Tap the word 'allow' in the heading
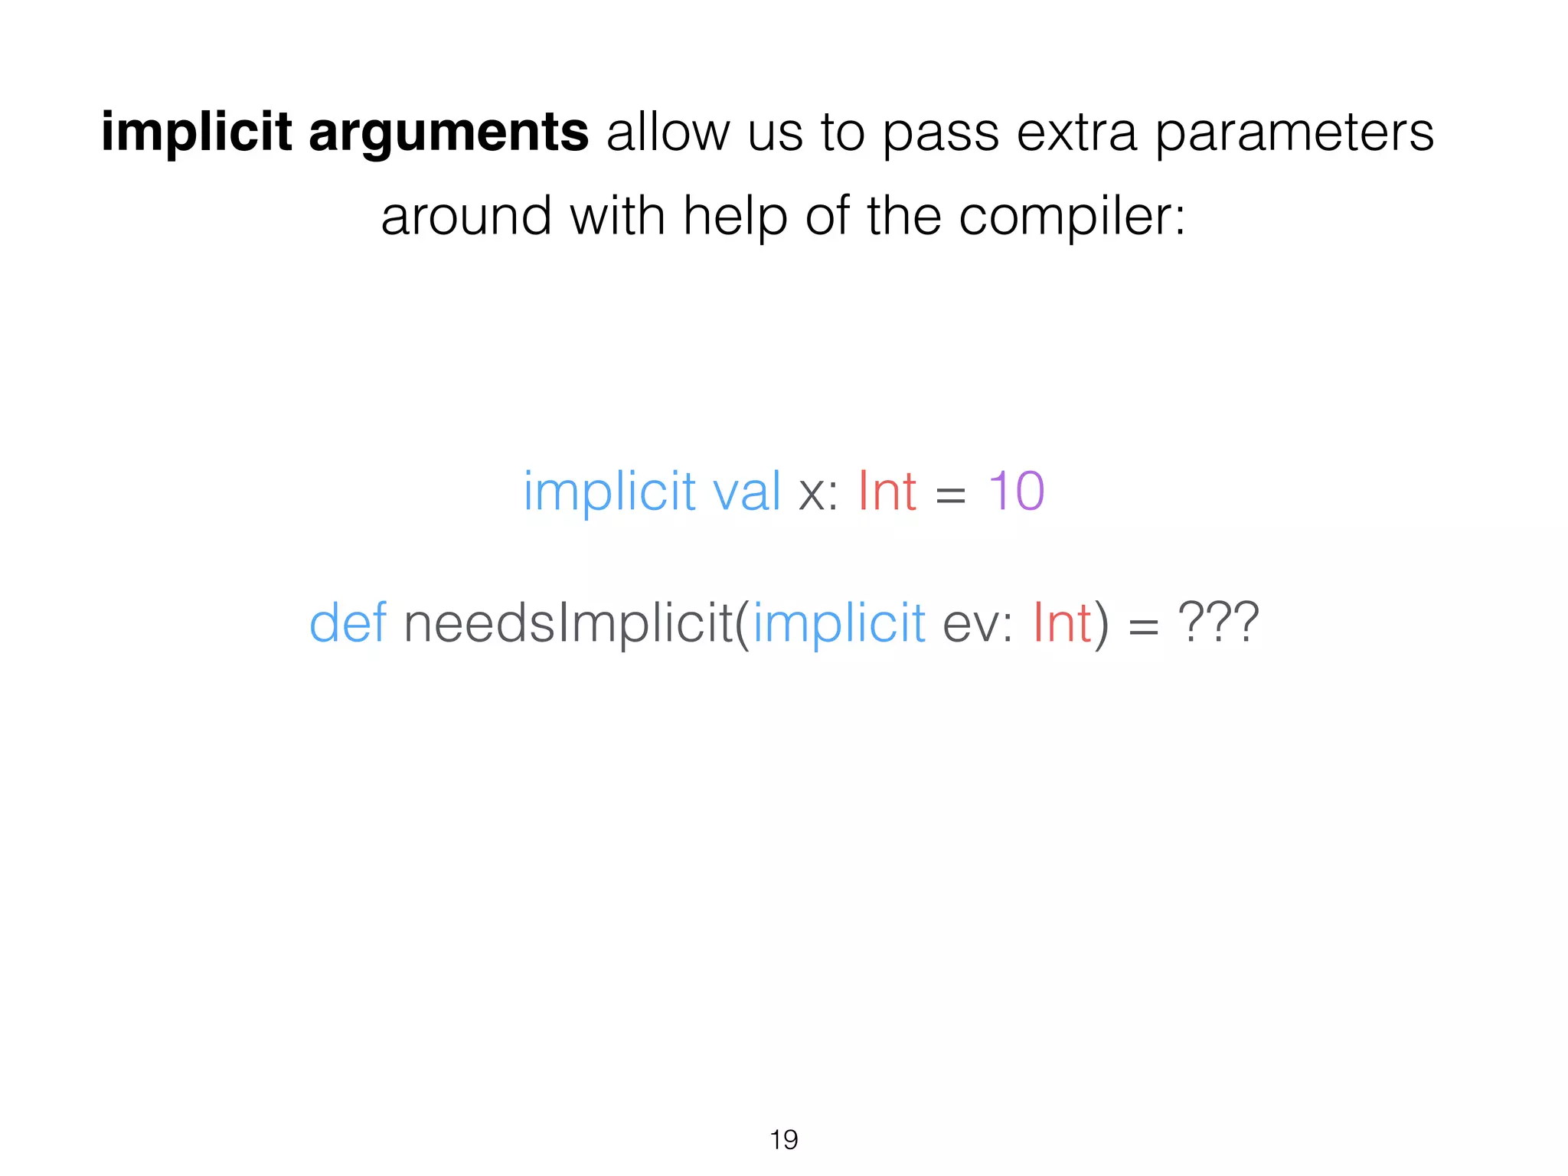(x=668, y=132)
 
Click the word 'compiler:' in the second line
(x=1072, y=217)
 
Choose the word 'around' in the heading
(x=465, y=217)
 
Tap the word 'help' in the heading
(x=735, y=217)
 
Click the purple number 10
(x=1016, y=491)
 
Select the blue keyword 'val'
(x=746, y=491)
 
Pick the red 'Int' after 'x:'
(x=887, y=491)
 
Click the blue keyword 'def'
(x=347, y=622)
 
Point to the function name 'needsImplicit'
(x=567, y=622)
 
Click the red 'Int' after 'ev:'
(x=1062, y=622)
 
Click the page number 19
(x=783, y=1139)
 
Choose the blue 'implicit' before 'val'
(x=609, y=491)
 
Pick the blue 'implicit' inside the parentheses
(x=839, y=622)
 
